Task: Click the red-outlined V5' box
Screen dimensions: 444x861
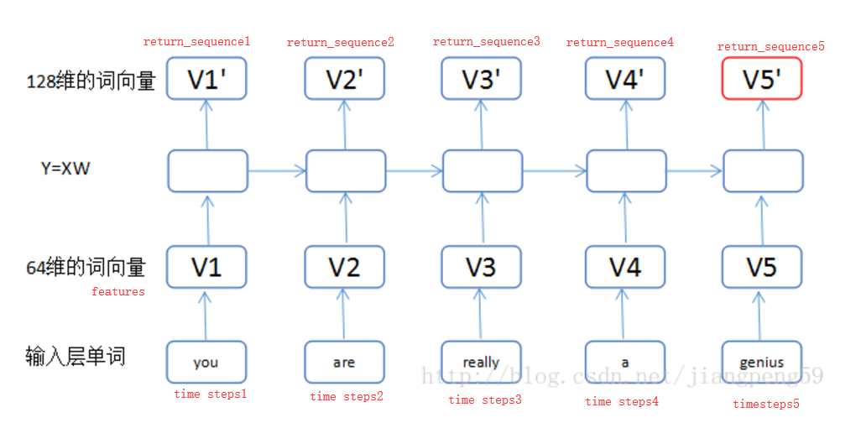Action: coord(762,79)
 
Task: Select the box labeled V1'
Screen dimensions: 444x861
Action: coord(206,79)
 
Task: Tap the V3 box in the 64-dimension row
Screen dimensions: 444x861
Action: coord(482,267)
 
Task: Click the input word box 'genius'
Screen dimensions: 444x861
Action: coord(762,362)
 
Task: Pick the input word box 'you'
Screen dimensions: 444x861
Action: coord(206,362)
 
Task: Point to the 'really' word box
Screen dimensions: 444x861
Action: coord(482,362)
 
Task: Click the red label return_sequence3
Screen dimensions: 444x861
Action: coord(487,41)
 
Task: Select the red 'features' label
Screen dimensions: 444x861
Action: coord(118,291)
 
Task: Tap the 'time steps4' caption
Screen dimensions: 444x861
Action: coord(622,401)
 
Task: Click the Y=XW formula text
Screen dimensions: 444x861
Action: coord(65,170)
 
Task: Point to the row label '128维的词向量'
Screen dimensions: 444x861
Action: coord(91,81)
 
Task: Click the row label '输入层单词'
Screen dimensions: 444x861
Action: coord(76,356)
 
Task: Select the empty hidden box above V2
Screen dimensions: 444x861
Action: coord(345,170)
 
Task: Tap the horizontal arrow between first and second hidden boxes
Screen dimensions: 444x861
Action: coord(277,171)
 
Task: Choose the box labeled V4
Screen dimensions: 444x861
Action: coord(625,267)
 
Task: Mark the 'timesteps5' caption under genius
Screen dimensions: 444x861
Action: coord(766,404)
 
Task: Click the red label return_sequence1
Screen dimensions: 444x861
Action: coord(197,41)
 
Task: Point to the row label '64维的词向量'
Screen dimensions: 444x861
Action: coord(86,267)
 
